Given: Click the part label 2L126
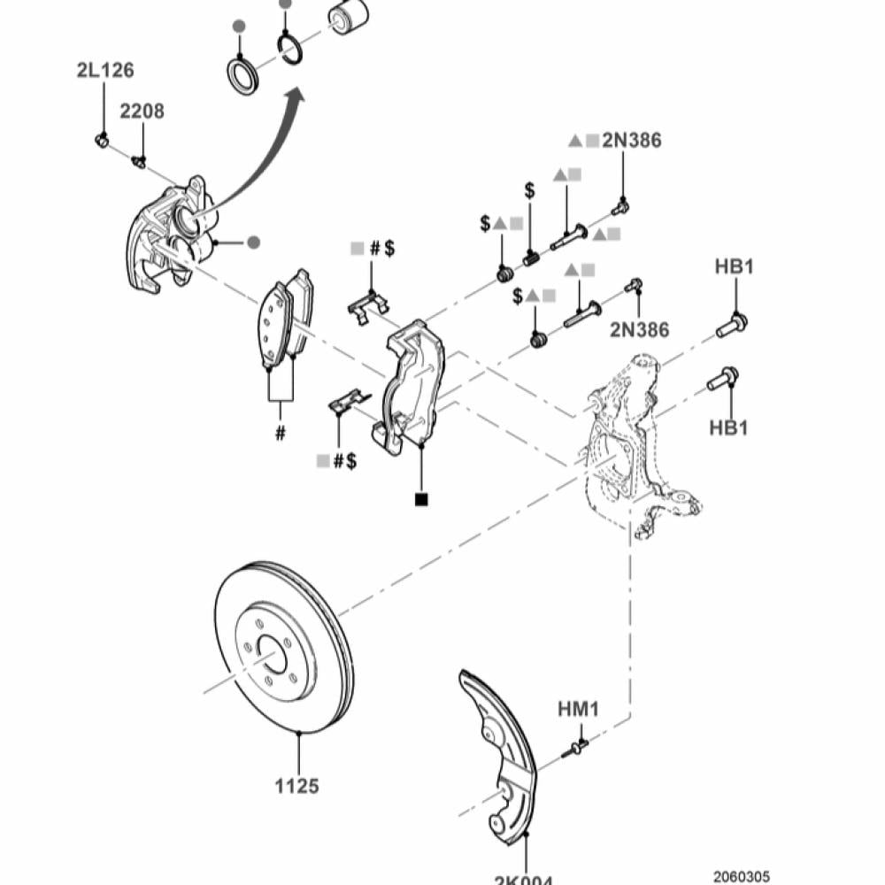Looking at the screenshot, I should (104, 71).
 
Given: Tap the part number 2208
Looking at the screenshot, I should (142, 112).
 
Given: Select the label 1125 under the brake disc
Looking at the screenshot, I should (297, 785).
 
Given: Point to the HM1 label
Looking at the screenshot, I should (579, 709).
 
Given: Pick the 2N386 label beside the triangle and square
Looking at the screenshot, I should (631, 140).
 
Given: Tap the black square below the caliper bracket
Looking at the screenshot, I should (420, 500).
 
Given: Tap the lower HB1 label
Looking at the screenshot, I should (728, 428).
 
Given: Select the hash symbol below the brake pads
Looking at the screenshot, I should (281, 433).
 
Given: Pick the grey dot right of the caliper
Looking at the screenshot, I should (253, 242).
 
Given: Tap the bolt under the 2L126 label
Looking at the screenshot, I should (101, 139).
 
